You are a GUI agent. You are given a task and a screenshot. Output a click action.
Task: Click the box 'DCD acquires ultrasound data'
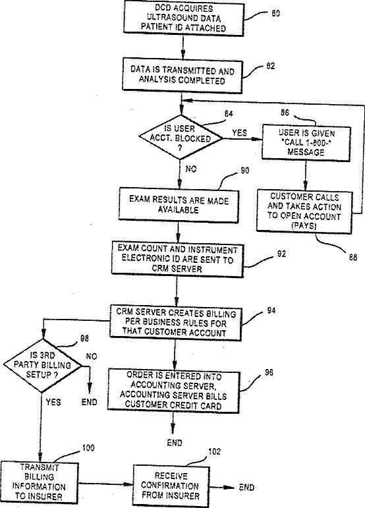184,18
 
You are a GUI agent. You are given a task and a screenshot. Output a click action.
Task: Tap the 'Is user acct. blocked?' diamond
181,137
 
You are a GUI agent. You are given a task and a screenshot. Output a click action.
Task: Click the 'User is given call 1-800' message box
306,143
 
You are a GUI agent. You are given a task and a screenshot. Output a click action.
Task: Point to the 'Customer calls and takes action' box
304,212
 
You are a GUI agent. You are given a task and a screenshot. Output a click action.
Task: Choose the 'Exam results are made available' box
179,205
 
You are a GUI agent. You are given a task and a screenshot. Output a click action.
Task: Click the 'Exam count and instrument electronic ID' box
177,258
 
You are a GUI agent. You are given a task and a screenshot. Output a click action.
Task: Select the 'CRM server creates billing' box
175,323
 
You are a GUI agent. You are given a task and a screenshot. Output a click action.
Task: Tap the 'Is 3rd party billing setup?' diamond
42,365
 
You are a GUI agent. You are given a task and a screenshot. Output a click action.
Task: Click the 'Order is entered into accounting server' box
173,391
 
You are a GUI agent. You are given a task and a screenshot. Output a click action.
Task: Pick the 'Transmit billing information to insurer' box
40,482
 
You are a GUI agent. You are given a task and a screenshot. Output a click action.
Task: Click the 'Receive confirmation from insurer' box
171,486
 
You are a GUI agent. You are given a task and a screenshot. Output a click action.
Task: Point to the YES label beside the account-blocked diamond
239,132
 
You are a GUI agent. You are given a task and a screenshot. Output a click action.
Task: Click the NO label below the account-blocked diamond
191,169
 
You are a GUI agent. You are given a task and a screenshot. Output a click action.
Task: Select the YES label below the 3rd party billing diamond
53,402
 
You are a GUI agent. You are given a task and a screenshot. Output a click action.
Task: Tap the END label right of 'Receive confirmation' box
247,488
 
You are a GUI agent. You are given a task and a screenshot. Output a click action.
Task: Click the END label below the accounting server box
175,443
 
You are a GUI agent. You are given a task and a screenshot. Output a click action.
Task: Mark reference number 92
281,254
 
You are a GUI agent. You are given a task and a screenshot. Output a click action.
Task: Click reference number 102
214,451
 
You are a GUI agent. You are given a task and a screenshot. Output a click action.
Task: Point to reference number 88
352,257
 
